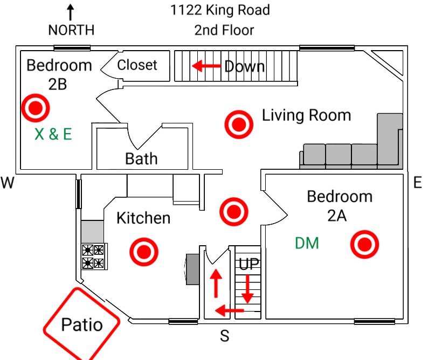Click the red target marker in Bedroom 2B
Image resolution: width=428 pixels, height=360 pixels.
[36, 108]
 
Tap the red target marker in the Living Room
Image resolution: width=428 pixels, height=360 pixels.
[238, 124]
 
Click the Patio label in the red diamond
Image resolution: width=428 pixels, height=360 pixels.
[81, 325]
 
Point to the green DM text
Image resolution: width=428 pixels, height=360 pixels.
[307, 244]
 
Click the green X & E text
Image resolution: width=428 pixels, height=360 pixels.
[53, 134]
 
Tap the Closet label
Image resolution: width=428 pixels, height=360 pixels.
[137, 65]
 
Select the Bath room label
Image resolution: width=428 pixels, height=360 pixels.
[141, 158]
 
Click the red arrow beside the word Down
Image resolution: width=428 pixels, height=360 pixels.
[206, 66]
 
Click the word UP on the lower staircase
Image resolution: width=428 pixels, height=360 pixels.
[249, 264]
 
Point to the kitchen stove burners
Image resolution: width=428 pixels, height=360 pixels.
[94, 256]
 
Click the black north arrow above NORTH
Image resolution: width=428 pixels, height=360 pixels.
[70, 13]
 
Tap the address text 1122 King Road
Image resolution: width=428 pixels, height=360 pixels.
[220, 10]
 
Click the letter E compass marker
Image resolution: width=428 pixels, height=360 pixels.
[417, 183]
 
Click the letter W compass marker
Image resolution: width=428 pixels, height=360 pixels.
[7, 183]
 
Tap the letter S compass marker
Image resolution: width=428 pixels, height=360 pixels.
[225, 337]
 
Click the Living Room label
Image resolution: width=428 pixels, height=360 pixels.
[306, 115]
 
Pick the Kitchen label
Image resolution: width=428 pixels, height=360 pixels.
[143, 218]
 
